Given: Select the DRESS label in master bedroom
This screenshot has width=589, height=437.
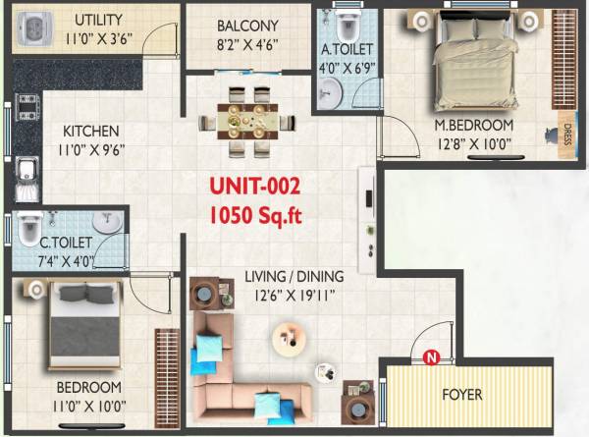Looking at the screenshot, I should point(566,137).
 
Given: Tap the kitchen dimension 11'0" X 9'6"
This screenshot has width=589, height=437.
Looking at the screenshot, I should point(91,150).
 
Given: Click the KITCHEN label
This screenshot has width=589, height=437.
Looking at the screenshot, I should point(91,131).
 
